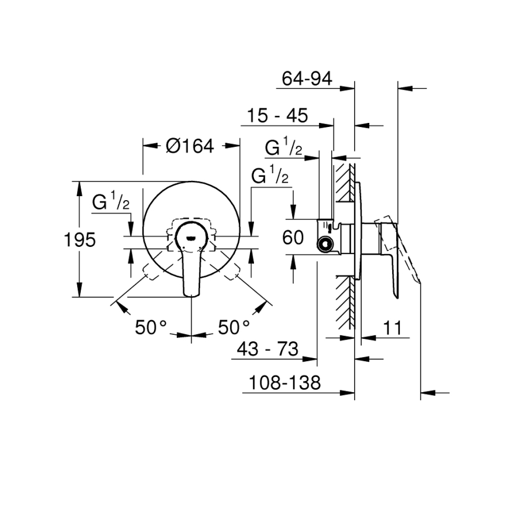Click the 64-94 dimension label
click(307, 78)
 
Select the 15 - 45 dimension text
click(276, 115)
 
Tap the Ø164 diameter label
click(190, 146)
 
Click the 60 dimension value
click(293, 238)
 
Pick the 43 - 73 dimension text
click(268, 350)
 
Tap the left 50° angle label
click(152, 327)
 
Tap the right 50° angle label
click(234, 327)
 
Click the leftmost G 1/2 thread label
click(111, 202)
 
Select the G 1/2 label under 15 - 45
click(283, 148)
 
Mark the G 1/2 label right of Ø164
click(270, 176)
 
